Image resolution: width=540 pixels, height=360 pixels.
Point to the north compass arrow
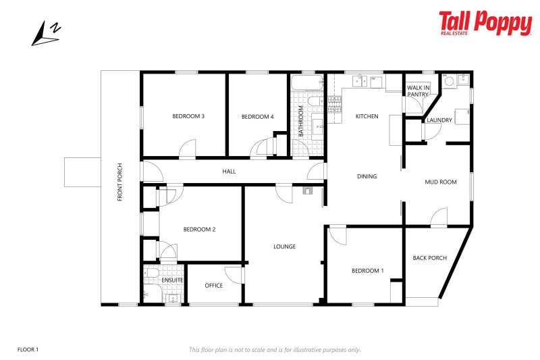(x=47, y=33)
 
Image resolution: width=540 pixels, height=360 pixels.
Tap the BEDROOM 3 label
(x=188, y=116)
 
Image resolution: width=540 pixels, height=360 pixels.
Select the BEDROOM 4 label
(x=257, y=116)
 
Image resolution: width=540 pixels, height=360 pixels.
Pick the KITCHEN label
(x=367, y=116)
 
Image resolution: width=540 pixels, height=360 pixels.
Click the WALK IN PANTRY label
(x=417, y=91)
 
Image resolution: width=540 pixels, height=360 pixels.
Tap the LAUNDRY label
(x=439, y=120)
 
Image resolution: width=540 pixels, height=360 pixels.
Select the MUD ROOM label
(x=440, y=182)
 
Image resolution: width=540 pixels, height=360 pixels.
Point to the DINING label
(x=367, y=176)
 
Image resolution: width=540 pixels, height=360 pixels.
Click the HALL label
(x=229, y=172)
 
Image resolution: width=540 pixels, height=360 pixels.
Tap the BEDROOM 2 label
(x=199, y=230)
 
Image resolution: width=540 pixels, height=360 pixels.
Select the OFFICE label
(x=213, y=286)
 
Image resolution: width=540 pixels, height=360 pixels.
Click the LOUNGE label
(x=284, y=247)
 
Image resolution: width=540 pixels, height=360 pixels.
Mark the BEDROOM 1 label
(x=367, y=271)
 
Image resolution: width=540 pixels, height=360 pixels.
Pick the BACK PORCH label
(x=429, y=258)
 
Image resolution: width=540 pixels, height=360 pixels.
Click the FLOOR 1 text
(x=28, y=349)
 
